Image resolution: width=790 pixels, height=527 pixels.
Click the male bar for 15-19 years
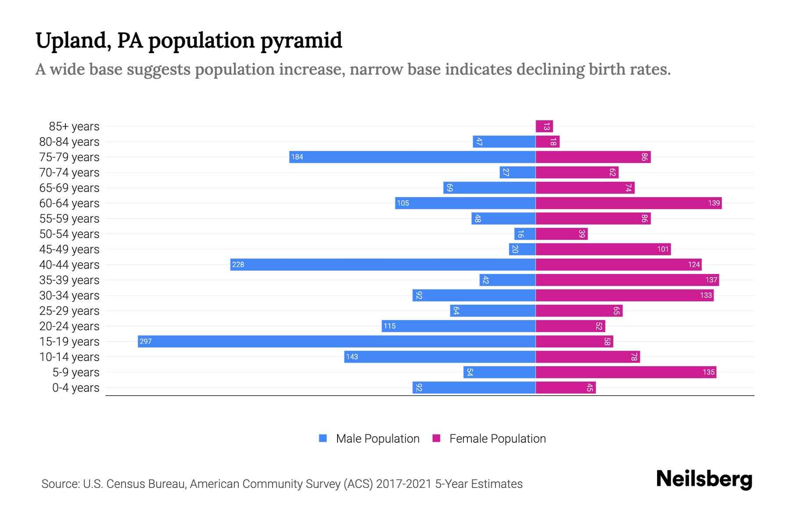coord(337,342)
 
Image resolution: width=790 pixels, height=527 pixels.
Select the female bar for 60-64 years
coord(628,203)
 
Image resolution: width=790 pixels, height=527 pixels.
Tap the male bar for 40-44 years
coord(383,265)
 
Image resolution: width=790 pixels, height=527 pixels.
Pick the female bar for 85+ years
coord(544,126)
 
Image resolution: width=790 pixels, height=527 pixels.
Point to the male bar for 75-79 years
coord(412,157)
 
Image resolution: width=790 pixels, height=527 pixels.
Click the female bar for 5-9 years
coord(626,372)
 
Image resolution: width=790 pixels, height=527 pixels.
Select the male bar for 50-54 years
coord(525,234)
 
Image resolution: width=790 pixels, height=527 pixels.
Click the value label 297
coord(146,342)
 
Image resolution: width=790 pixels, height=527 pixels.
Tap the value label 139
coord(714,203)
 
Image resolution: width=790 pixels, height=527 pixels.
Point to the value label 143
coord(352,357)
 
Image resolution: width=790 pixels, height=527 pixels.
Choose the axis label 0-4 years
coord(75,388)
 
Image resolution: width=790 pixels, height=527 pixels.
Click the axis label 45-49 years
coord(69,249)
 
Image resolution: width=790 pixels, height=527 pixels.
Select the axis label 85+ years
coord(74,126)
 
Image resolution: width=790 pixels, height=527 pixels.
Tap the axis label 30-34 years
coord(69,296)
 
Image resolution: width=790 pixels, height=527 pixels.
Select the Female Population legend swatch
coord(436,438)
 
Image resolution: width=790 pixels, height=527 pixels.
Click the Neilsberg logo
coord(704,479)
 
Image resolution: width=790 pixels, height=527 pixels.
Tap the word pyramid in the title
coord(301,41)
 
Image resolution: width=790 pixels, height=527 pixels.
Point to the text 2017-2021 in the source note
coord(404,484)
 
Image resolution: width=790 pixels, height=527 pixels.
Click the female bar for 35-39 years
coord(627,280)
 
